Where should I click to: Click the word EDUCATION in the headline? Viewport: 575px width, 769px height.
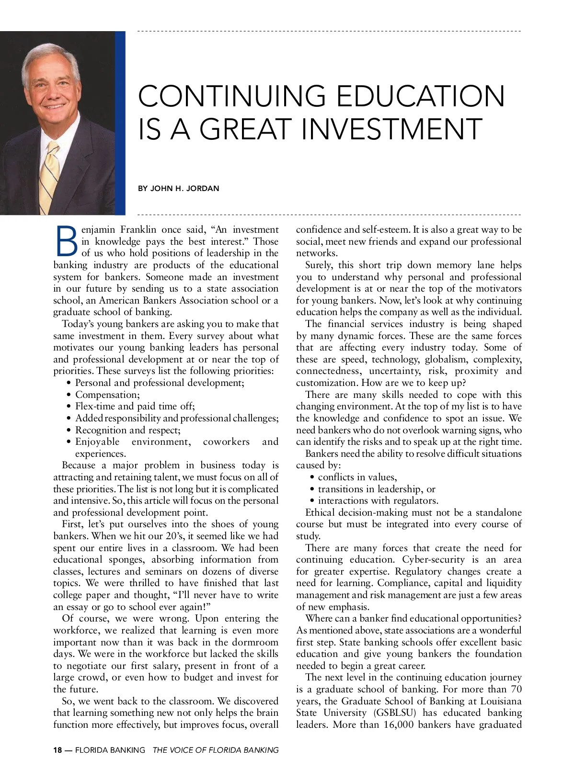click(421, 96)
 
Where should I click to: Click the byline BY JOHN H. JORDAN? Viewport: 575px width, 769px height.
click(178, 189)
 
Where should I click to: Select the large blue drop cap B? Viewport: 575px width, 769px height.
click(66, 241)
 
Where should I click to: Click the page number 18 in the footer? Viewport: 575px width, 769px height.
click(57, 750)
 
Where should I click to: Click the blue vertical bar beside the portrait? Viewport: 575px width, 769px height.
click(120, 123)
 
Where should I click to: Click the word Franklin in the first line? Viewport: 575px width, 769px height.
click(138, 230)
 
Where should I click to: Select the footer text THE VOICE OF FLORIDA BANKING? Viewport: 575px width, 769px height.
click(215, 750)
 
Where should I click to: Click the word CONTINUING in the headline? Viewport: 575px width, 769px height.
click(232, 96)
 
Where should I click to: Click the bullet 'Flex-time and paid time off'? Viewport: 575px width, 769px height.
click(135, 407)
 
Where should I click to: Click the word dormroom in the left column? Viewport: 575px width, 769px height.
click(255, 642)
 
